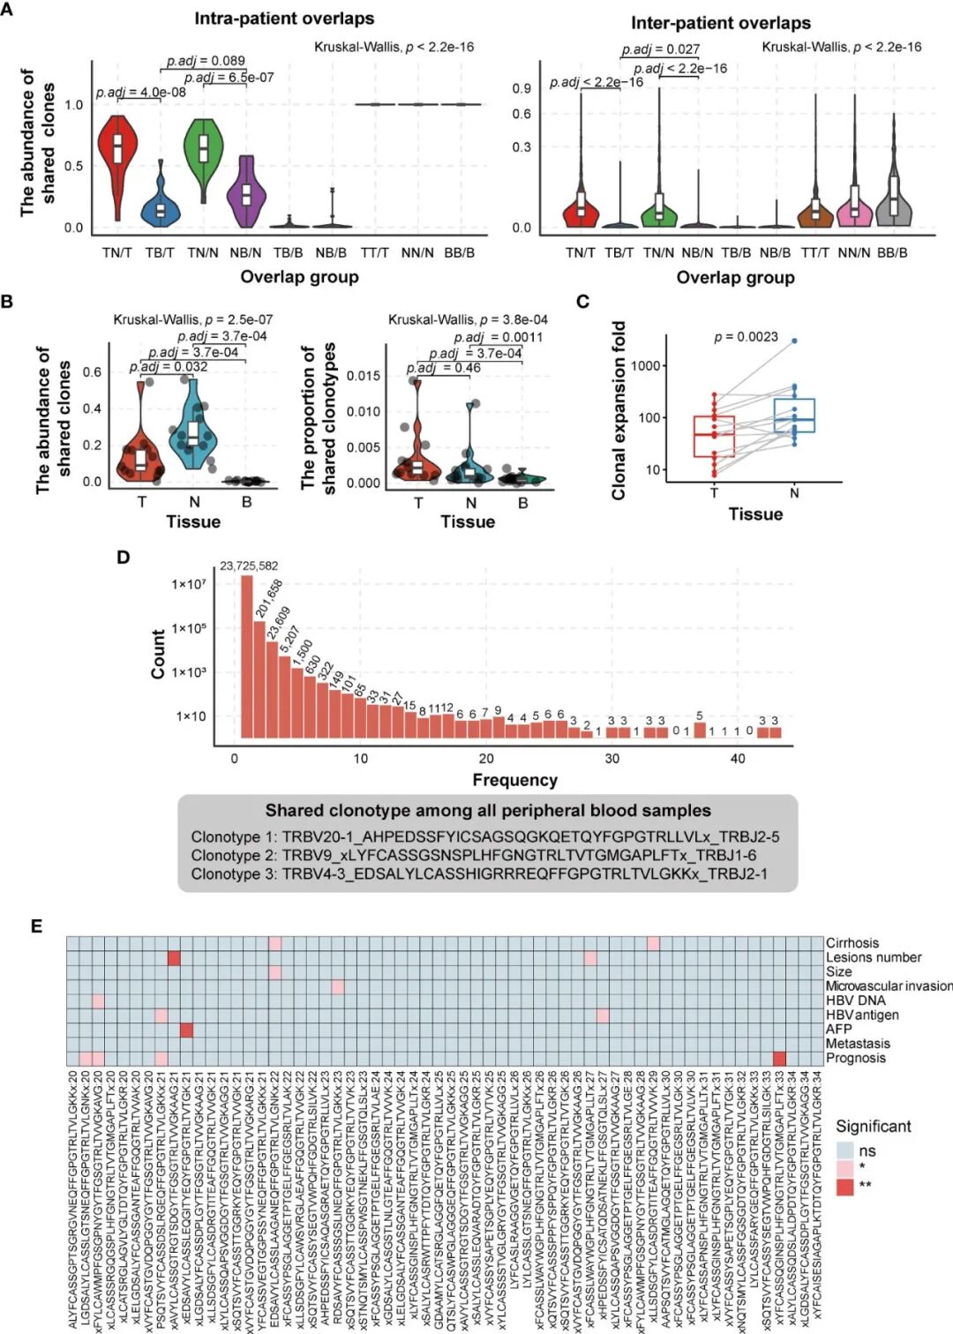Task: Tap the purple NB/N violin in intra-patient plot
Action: (x=246, y=194)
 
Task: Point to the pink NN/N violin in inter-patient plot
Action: (x=853, y=208)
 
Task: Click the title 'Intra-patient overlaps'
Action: (x=284, y=19)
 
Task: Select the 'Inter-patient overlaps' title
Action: (x=720, y=23)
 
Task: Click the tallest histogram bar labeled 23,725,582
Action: (x=247, y=656)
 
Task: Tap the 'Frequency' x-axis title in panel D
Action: (x=514, y=780)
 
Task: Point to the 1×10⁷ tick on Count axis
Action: (x=189, y=584)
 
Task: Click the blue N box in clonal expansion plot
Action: (x=794, y=415)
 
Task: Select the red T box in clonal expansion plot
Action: (x=714, y=436)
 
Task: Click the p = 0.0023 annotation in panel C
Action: (x=746, y=337)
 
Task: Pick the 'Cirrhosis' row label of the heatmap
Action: (x=852, y=943)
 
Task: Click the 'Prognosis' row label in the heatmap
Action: (x=855, y=1058)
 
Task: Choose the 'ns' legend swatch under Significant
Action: (x=845, y=1150)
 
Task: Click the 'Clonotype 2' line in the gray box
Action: (x=473, y=855)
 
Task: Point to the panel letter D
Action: (x=124, y=558)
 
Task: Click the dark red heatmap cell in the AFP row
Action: (x=186, y=1030)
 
